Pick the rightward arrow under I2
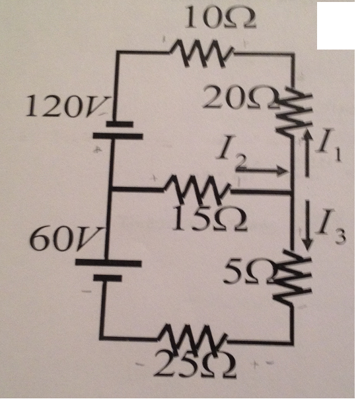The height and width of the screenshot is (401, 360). pyautogui.click(x=262, y=172)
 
